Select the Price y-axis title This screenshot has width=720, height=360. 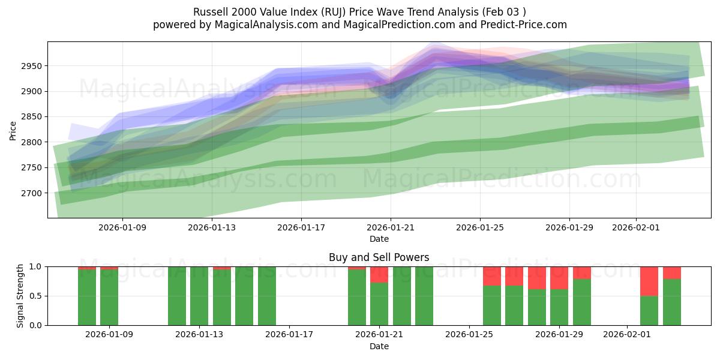pyautogui.click(x=13, y=130)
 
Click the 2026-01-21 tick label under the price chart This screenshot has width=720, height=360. pyautogui.click(x=391, y=227)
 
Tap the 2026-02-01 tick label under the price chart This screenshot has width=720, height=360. pyautogui.click(x=636, y=227)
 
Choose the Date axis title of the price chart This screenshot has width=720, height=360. pyautogui.click(x=379, y=239)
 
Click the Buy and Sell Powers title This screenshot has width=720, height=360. pyautogui.click(x=379, y=257)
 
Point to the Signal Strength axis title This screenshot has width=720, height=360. pyautogui.click(x=20, y=296)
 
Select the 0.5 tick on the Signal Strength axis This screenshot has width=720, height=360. pyautogui.click(x=36, y=296)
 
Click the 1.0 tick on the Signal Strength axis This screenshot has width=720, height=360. pyautogui.click(x=36, y=266)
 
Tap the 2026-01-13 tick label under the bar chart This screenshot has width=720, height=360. pyautogui.click(x=199, y=335)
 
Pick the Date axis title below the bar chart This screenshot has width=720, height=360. pyautogui.click(x=379, y=346)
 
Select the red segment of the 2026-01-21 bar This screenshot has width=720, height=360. pyautogui.click(x=379, y=274)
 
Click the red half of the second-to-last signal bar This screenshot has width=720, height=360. pyautogui.click(x=649, y=281)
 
